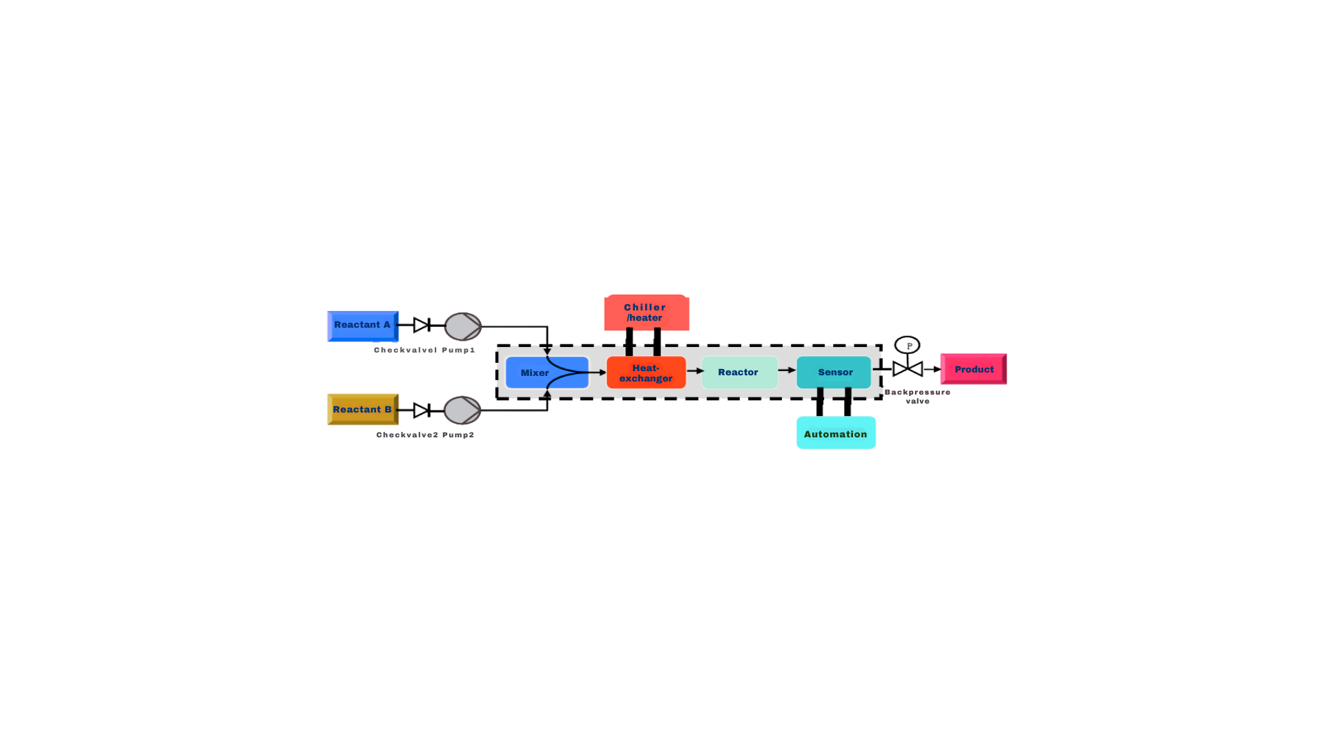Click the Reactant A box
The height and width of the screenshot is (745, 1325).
coord(362,326)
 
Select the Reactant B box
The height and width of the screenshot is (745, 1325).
coord(362,410)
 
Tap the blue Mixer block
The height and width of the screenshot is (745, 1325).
coord(547,372)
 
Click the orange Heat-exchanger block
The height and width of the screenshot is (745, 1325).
coord(646,372)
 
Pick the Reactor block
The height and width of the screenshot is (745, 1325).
coord(739,372)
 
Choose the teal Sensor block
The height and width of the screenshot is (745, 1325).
coord(834,372)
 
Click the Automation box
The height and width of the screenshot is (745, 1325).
coord(836,433)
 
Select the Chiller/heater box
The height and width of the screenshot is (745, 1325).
coord(647,312)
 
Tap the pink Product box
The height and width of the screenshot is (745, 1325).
coord(974,369)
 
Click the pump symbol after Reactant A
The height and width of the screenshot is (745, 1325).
coord(462,326)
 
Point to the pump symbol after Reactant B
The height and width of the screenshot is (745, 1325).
coord(462,410)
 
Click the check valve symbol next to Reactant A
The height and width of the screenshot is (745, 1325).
coord(422,325)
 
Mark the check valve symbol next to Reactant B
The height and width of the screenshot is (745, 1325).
coord(422,410)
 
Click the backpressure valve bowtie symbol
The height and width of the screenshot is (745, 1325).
coord(907,369)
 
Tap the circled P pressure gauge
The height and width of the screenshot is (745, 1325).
coord(907,345)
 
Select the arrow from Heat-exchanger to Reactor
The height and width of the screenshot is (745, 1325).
coord(695,371)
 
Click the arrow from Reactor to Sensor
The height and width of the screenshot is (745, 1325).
coord(787,370)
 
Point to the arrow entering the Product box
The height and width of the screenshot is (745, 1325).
coord(933,369)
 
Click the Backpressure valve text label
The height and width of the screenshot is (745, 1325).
coord(918,397)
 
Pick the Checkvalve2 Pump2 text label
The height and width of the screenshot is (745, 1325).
coord(425,435)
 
